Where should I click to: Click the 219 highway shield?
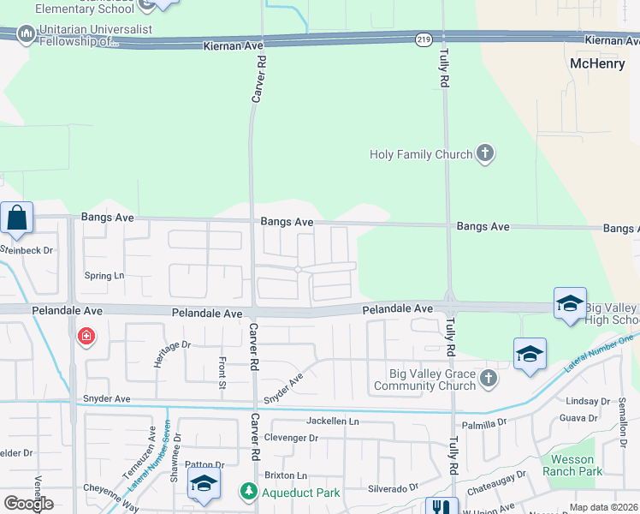coord(423,39)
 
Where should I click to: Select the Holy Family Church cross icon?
coord(485,154)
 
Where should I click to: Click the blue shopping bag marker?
coord(17,219)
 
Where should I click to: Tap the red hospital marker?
coord(86,337)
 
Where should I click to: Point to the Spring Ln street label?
coord(104,276)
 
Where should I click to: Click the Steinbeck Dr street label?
coord(26,250)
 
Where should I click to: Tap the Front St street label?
coord(222,373)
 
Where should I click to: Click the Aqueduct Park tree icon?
coord(248,492)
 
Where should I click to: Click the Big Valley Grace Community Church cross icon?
coord(488,378)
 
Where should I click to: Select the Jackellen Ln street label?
coord(333,421)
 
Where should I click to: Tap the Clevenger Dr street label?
coord(291,438)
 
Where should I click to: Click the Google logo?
coord(28,504)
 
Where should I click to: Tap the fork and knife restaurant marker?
coord(441,507)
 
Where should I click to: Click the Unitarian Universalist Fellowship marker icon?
coord(27,35)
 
